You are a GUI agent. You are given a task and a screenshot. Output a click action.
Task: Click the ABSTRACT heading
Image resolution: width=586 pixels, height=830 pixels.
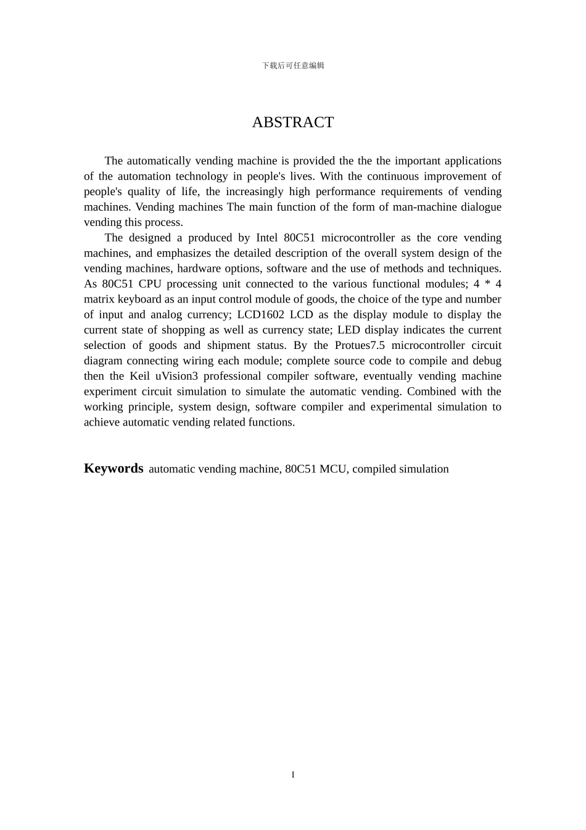(293, 122)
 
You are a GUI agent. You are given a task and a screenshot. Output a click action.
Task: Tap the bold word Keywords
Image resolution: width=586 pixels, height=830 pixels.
(113, 468)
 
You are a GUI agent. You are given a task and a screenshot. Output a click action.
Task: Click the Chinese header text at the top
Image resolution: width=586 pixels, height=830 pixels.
(293, 65)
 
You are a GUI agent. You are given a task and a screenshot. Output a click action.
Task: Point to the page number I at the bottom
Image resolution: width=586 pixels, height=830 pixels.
(293, 774)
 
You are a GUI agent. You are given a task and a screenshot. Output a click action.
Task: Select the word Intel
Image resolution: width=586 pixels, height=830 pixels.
(266, 238)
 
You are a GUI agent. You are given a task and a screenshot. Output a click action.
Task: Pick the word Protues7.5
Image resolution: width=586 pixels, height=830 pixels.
(360, 345)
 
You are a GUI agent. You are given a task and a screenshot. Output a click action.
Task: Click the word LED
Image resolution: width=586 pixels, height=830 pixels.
(349, 330)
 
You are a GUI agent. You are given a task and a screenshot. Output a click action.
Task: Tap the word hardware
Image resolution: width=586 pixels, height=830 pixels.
(199, 269)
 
